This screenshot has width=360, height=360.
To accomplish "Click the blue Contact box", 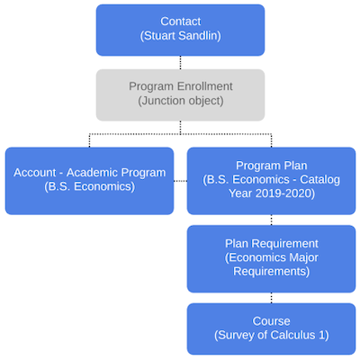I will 180,29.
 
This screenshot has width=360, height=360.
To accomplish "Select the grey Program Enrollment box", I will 180,94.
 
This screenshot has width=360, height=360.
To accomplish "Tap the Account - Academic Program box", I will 89,180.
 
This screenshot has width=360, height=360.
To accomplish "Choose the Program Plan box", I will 271,180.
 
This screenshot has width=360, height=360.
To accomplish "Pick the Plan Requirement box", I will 271,258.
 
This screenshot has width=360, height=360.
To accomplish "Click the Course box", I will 271,328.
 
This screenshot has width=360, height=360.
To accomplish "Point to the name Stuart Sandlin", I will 181,37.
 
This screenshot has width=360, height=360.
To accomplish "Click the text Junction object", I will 181,102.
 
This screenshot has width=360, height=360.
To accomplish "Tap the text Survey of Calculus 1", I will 271,336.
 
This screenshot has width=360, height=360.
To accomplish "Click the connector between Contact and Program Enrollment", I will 180,61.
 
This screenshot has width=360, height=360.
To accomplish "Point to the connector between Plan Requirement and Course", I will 271,298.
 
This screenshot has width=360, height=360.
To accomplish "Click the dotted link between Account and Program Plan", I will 180,180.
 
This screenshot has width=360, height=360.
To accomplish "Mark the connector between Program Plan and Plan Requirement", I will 271,220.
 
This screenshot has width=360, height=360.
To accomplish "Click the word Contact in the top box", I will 181,22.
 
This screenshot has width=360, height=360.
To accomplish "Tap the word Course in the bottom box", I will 271,320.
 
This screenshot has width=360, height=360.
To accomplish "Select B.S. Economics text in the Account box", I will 89,188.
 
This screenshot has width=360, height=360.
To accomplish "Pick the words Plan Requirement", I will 271,243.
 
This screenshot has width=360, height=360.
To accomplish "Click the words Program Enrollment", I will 181,86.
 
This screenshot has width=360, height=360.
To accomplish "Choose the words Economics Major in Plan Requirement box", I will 271,258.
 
